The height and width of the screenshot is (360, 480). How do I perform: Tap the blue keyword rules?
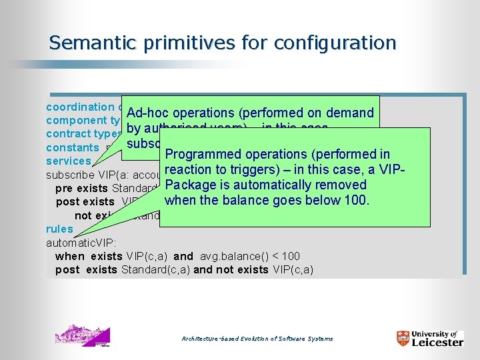coord(59,229)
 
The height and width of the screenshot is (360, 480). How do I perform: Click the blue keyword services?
coord(68,161)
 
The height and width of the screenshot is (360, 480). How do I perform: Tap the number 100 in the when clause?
coord(291,256)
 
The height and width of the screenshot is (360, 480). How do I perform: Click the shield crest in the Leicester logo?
coord(402,338)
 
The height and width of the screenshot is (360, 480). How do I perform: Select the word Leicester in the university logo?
coord(437,343)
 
